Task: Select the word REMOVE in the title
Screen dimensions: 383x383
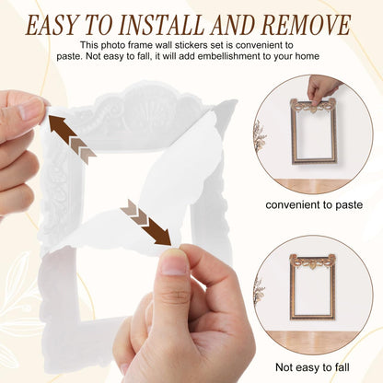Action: [306, 25]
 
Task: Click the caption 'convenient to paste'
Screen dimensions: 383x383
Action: [314, 204]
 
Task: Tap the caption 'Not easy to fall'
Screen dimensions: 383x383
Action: [312, 367]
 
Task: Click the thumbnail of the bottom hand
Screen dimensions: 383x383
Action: [174, 261]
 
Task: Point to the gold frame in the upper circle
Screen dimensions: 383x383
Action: [292, 132]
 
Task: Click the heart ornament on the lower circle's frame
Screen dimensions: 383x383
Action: [313, 266]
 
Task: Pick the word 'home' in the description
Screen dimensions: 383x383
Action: [308, 56]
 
